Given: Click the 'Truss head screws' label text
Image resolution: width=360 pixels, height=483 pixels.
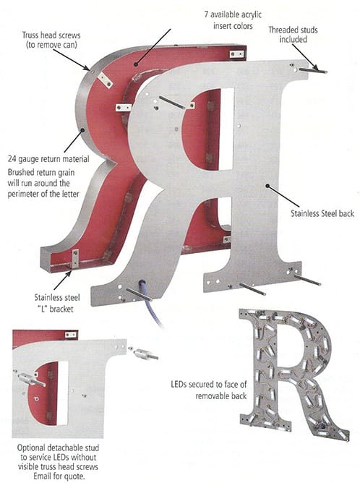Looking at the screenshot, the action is [x=51, y=35].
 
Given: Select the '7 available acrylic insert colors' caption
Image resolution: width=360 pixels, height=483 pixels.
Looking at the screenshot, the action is [x=233, y=20].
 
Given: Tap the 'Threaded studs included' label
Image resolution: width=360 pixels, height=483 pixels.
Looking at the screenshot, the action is [x=293, y=35].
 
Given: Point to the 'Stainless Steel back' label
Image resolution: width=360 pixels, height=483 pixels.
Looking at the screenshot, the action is [x=322, y=213].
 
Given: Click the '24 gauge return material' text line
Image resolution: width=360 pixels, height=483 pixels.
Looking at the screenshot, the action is [x=48, y=159].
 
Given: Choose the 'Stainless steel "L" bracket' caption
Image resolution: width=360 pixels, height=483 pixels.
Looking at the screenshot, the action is [x=57, y=303].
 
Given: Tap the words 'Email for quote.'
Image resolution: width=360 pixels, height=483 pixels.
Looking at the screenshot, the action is [x=59, y=476].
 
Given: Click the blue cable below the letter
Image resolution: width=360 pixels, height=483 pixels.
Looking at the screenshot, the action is [x=151, y=303].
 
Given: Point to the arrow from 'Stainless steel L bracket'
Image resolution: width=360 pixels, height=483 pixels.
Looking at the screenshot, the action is [x=63, y=280].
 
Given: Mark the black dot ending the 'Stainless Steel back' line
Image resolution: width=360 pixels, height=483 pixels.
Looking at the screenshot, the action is [x=267, y=186].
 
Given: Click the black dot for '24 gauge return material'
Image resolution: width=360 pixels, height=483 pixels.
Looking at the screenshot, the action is [x=82, y=130].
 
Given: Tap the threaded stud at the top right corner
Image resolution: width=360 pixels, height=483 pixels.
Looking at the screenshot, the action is [x=312, y=71].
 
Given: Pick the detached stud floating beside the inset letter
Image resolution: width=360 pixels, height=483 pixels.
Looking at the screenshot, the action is [x=146, y=354].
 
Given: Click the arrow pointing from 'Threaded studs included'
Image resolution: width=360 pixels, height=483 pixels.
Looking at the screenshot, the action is [x=304, y=57].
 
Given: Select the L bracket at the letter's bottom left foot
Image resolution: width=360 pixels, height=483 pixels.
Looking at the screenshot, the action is [x=75, y=258].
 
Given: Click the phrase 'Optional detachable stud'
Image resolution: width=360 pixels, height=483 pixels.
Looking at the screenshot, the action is [x=59, y=448].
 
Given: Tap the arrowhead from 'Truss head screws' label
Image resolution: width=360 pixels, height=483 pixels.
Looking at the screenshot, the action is [x=87, y=68].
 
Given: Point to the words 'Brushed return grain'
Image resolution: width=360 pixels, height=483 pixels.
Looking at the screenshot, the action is [x=41, y=173].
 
